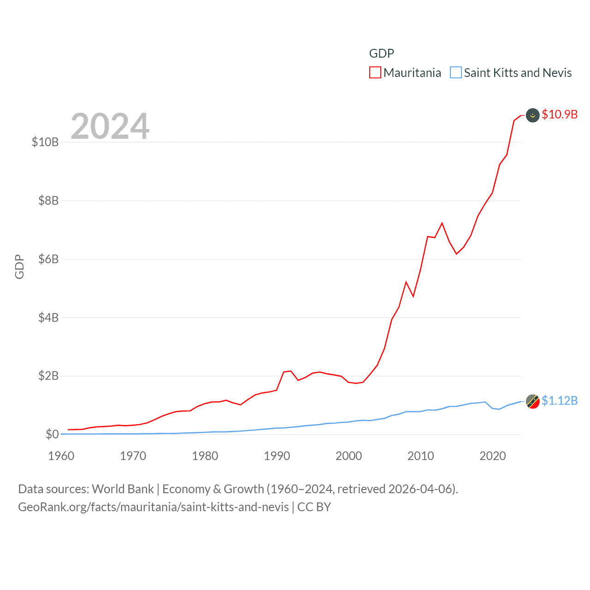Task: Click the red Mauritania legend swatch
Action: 375,73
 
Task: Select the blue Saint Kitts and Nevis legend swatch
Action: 456,73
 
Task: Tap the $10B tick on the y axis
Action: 45,142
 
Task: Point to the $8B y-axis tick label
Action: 48,201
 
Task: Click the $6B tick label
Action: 48,259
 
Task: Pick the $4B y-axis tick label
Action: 48,318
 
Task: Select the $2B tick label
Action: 48,376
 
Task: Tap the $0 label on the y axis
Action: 52,434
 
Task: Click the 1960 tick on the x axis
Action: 61,456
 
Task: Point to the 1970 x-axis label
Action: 133,456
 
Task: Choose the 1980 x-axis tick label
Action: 205,456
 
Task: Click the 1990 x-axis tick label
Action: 277,456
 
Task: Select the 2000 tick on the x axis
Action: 349,456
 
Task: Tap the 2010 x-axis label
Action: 421,456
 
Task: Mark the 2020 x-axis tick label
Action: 493,456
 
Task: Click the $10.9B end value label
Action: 560,114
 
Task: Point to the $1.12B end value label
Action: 560,401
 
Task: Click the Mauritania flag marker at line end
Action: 533,115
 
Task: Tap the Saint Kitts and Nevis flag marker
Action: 533,401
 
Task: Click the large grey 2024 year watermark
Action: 110,126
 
